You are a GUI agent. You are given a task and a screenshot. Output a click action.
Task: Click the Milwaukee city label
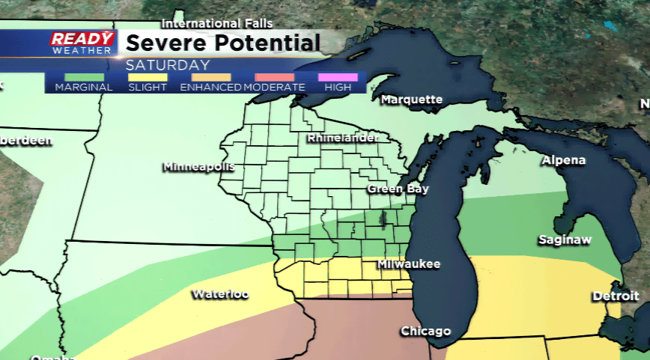click(408, 264)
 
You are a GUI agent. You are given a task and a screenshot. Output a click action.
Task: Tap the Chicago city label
click(425, 331)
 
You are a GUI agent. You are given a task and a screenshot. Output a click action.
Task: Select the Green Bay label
click(398, 189)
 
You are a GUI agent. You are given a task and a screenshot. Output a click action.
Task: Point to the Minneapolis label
click(198, 166)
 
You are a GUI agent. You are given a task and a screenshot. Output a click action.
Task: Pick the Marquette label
click(411, 100)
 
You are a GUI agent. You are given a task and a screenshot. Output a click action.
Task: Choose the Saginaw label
click(565, 240)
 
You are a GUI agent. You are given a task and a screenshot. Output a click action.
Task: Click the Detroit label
click(616, 296)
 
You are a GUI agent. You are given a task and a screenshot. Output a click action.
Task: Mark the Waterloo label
click(219, 293)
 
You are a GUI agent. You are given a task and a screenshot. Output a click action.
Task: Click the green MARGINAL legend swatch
click(84, 77)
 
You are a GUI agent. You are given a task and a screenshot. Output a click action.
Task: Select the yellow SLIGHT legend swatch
click(148, 77)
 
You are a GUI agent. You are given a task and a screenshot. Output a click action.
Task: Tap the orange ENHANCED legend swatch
click(210, 77)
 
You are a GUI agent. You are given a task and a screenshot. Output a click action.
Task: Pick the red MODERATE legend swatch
click(274, 77)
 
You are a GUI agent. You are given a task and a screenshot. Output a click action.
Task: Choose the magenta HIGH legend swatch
click(337, 77)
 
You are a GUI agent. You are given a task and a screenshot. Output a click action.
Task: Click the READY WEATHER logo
click(82, 42)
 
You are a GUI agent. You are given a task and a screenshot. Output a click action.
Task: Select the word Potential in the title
click(265, 42)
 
